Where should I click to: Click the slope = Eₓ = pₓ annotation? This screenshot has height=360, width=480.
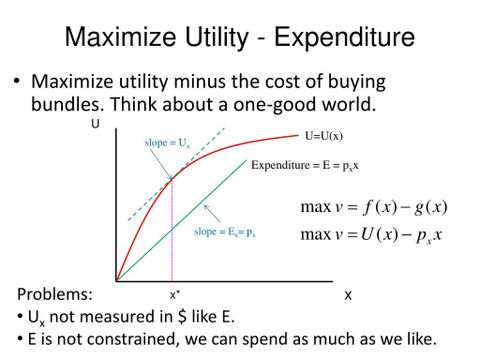pos(226,232)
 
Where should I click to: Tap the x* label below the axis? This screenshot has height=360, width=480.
pos(175,295)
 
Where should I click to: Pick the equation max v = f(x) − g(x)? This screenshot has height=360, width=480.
pos(373,207)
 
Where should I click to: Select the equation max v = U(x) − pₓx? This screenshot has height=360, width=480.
pos(371,235)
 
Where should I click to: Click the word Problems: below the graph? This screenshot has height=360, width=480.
pos(56,295)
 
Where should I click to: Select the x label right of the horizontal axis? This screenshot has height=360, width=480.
pos(348,295)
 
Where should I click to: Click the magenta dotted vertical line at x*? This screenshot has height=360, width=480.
pos(173,240)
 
